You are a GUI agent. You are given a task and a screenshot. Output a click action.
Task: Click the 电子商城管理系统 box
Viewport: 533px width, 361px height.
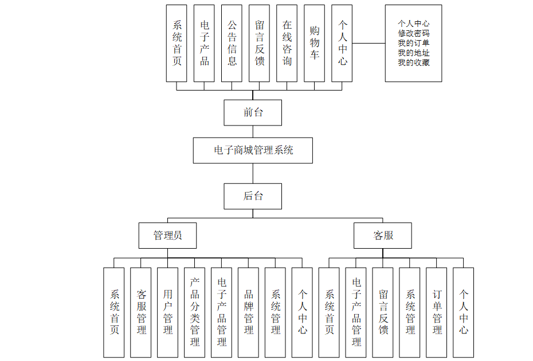point(253,150)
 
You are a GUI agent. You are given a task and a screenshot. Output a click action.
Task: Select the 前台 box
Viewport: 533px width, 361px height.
point(253,112)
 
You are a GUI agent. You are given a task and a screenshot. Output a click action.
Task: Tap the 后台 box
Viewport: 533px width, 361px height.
point(253,196)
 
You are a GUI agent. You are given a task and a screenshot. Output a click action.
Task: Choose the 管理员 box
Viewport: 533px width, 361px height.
point(167,235)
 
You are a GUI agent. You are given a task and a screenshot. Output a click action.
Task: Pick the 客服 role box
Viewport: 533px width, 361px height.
point(383,235)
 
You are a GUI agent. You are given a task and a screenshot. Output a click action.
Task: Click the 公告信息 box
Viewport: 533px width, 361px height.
point(232,43)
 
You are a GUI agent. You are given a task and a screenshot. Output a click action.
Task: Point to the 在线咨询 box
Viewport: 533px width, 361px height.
point(287,43)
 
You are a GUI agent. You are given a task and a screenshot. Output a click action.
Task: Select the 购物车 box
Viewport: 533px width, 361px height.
point(314,43)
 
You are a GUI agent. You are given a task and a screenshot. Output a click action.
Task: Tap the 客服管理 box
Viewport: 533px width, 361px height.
point(141,312)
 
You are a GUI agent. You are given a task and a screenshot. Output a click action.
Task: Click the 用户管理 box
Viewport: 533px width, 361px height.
point(168,312)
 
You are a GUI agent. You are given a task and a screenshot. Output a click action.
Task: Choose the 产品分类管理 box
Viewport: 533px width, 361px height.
point(195,312)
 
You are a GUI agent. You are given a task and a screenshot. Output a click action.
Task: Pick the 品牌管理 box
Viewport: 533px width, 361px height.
point(249,312)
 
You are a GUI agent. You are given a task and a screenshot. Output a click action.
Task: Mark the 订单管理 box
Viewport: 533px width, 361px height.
point(437,312)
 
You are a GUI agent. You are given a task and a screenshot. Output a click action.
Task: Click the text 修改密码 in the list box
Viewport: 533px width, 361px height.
point(414,33)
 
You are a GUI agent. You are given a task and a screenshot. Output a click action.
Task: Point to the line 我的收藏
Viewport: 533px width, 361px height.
point(414,62)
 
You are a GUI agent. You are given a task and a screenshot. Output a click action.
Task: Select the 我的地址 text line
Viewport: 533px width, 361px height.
point(414,53)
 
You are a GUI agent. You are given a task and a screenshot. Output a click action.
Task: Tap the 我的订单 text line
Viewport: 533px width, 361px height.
point(414,43)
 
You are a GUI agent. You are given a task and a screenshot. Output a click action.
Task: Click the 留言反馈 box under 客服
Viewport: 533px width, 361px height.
point(383,312)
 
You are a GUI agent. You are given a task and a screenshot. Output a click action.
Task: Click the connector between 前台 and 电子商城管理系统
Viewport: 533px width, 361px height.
point(253,131)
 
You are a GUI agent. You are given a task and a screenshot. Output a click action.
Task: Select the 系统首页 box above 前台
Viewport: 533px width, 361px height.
point(177,43)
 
